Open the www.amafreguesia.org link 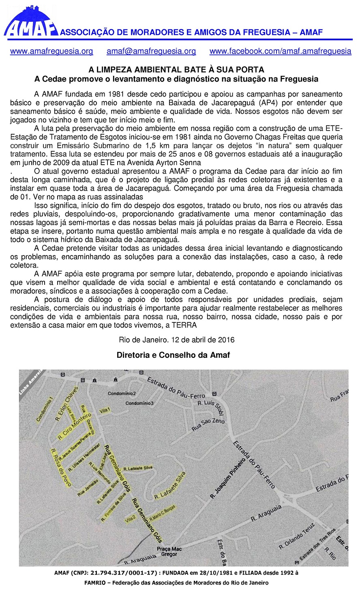click(51, 52)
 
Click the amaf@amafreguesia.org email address click(151, 52)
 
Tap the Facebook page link click(280, 52)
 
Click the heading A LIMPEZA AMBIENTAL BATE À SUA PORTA click(176, 70)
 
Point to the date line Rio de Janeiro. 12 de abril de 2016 click(176, 340)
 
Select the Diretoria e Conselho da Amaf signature click(173, 355)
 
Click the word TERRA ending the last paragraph click(184, 325)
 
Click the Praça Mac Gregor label click(169, 552)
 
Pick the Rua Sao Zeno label click(208, 425)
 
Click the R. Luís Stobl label click(210, 406)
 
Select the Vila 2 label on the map click(131, 519)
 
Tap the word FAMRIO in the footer click(96, 583)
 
